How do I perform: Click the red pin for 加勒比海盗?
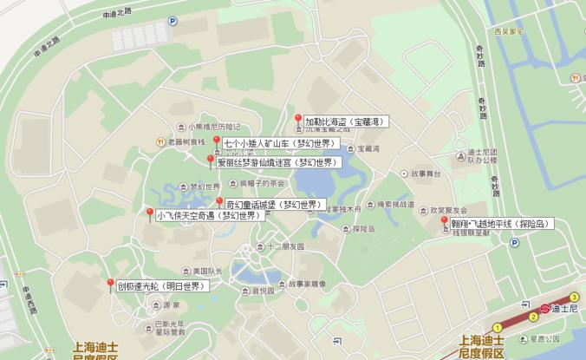pos(298,119)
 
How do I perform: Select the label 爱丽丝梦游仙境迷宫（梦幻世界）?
pos(275,162)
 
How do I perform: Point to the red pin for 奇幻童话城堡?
pos(219,203)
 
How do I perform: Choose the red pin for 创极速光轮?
pos(110,284)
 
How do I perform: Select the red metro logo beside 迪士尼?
pos(544,308)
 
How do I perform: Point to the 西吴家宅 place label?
pos(511,32)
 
